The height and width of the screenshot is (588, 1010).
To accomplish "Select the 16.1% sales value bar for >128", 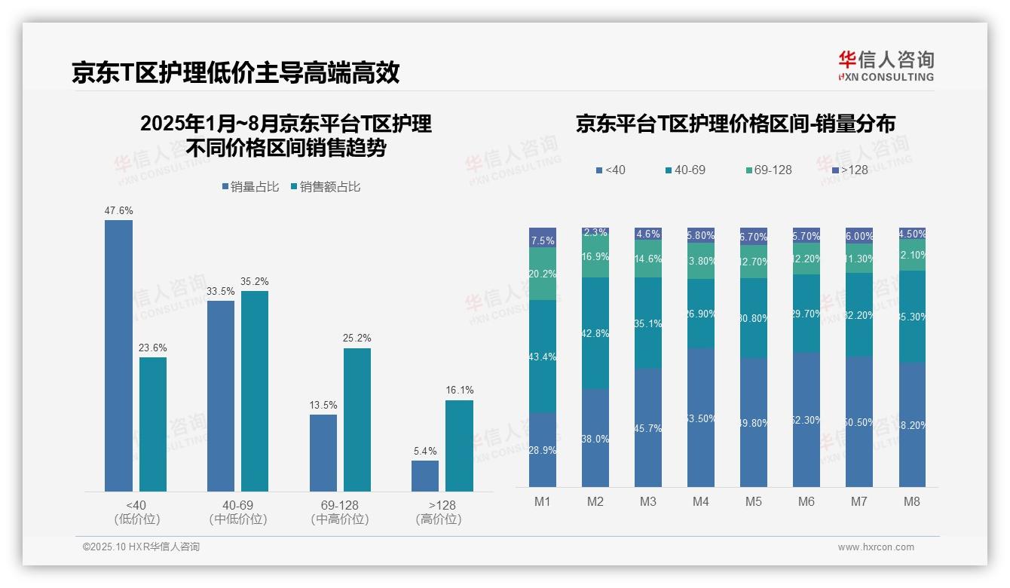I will pos(459,446).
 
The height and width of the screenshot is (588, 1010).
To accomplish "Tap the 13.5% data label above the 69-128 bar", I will pos(323,405).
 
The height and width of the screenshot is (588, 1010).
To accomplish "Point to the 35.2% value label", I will pos(255,281).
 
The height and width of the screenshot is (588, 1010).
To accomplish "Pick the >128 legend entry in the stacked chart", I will pos(849,170).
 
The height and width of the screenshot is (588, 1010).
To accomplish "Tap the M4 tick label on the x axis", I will pos(700,501).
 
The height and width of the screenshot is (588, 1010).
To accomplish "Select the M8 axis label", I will pos(911,501).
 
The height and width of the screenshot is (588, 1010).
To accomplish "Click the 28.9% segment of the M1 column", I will pos(543,449).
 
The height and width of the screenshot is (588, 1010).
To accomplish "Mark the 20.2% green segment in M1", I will pos(543,274).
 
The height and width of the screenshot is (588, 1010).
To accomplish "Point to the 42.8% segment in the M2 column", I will pos(595,333).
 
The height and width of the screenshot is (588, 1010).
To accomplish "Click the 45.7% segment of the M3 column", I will pos(648,427).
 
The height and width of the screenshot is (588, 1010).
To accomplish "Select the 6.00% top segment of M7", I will pos(858,235).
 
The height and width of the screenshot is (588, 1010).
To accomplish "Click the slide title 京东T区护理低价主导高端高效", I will pos(235,72).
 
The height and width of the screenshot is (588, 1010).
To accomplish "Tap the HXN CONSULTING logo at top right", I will pos(886,66).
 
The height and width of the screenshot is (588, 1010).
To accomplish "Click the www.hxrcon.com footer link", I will pos(876,547).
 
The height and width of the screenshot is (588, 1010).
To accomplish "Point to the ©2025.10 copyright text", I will pos(141,547).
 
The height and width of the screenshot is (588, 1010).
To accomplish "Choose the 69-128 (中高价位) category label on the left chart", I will pos(339,512).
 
